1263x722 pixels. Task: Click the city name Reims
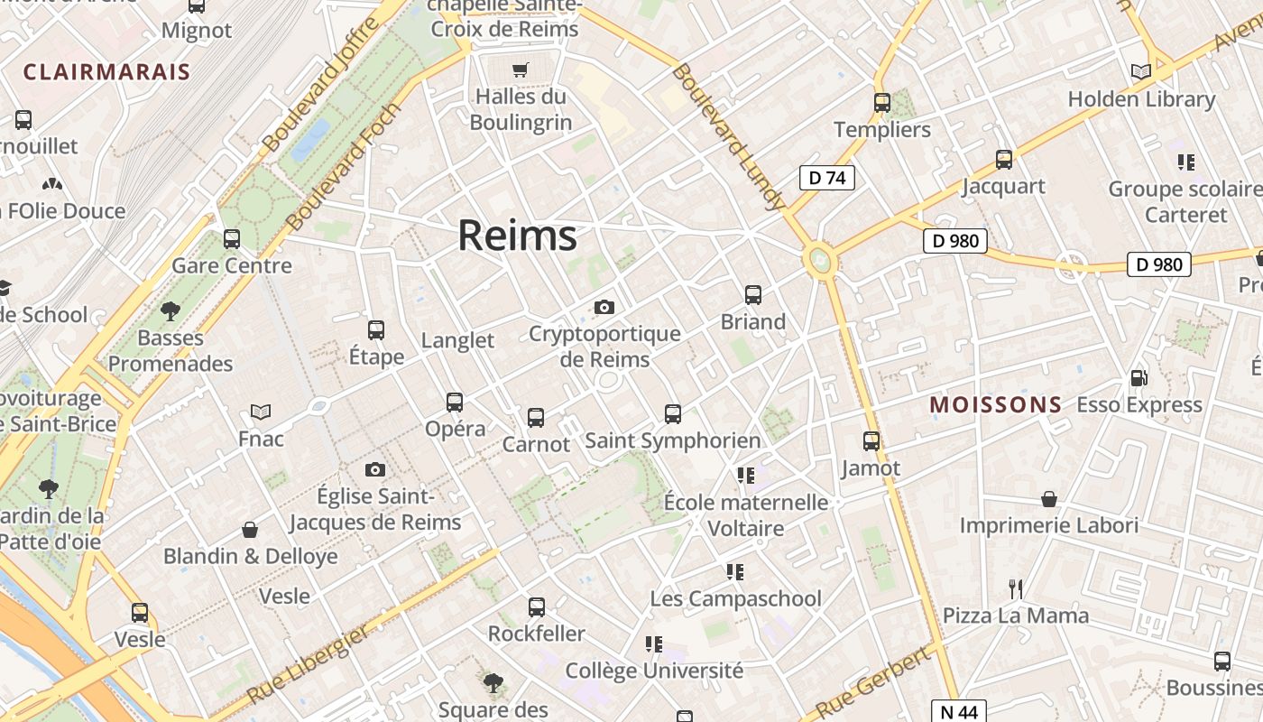517,236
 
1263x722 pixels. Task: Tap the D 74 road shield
826,178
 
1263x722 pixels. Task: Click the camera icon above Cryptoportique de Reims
604,308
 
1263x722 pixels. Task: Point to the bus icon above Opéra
455,403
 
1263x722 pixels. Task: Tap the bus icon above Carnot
536,418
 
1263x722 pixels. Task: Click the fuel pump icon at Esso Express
1139,378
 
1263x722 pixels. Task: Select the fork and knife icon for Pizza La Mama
1016,589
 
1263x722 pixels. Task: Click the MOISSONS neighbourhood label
996,404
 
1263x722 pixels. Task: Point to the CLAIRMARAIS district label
106,72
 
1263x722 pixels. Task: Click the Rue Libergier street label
308,665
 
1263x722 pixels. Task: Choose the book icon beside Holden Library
1141,72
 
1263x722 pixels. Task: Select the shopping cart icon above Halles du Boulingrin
521,69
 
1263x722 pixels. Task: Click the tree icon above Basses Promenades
170,312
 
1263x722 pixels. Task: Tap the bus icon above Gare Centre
232,239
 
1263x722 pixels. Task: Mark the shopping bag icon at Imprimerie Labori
1049,499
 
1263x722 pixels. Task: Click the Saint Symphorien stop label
673,440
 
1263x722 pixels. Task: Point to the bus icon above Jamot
871,441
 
